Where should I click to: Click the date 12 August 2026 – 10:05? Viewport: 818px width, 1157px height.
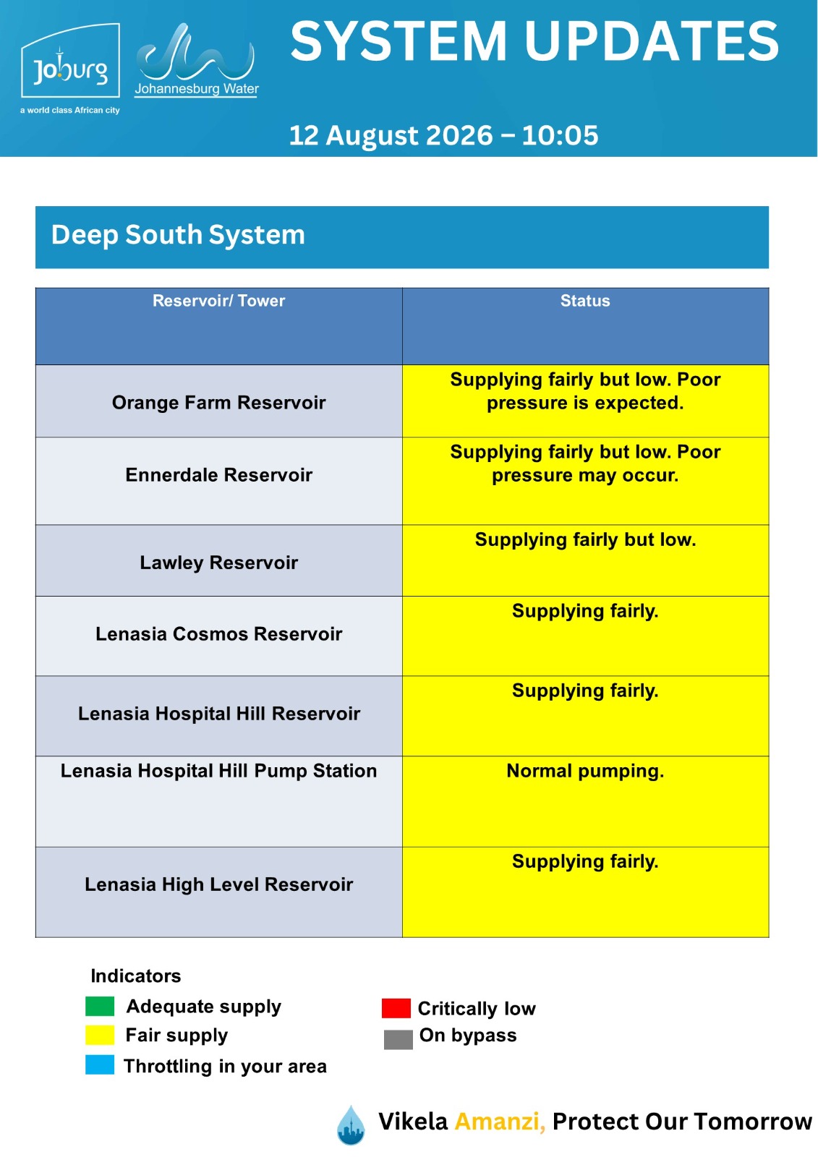pos(443,135)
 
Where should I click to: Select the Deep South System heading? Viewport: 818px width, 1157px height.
pos(178,234)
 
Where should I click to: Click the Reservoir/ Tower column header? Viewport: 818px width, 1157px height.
pos(218,301)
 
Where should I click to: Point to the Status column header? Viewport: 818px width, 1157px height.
pos(585,301)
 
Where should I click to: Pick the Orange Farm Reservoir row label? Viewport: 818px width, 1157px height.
pos(218,402)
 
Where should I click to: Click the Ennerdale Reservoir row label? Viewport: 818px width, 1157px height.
pos(218,474)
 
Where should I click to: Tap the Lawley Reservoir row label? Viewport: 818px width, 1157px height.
pos(218,563)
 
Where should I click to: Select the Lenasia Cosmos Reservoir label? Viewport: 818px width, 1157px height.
pos(218,633)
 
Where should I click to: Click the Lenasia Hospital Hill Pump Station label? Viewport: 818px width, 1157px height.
pos(218,771)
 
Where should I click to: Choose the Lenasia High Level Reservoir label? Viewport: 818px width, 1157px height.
pos(218,884)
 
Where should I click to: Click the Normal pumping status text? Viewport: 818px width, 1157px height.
pos(585,771)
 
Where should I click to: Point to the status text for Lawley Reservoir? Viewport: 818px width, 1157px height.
pos(585,539)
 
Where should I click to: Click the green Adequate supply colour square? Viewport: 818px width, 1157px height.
pos(100,1006)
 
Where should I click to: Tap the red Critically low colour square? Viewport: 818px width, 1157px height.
pos(396,1008)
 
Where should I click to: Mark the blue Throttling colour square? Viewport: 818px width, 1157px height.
pos(100,1064)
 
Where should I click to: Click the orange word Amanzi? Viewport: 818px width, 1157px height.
pos(500,1122)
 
